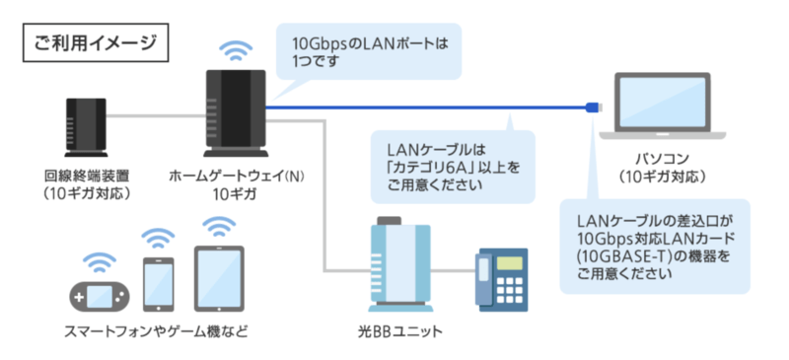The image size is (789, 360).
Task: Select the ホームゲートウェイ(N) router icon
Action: pyautogui.click(x=234, y=113)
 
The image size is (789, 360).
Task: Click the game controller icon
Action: pyautogui.click(x=97, y=293)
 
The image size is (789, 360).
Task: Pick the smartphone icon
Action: pyautogui.click(x=158, y=283)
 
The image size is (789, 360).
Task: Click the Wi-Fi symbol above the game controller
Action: pyautogui.click(x=97, y=261)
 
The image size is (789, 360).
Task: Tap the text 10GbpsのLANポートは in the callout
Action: pyautogui.click(x=363, y=43)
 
